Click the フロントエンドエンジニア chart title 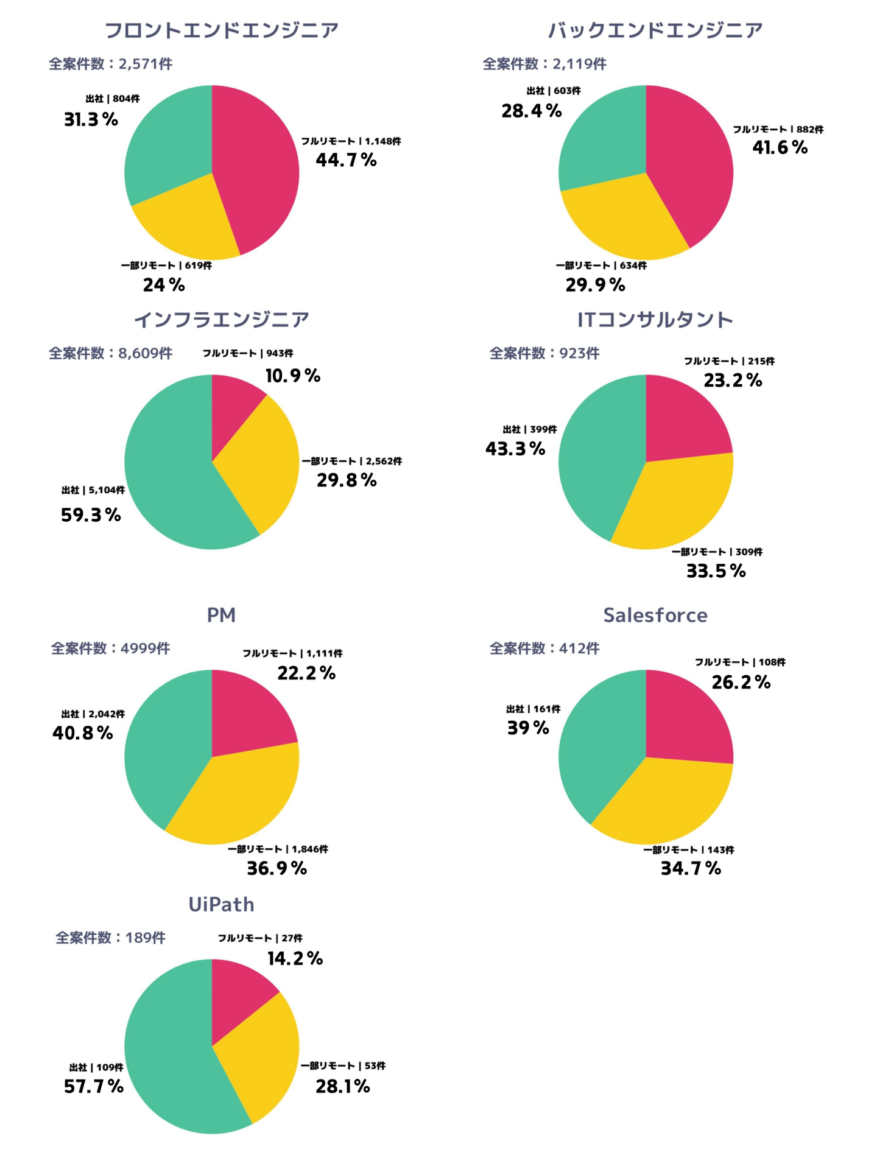pos(221,30)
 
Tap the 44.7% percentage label pos(346,160)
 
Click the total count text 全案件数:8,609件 pos(110,353)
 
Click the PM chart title pos(221,615)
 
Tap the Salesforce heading pos(655,615)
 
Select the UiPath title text pos(221,904)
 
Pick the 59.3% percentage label pos(91,515)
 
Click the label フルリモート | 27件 pos(260,938)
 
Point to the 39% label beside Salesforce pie pos(528,728)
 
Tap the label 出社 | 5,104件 pos(93,490)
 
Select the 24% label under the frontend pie pos(164,284)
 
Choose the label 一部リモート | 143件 pos(689,850)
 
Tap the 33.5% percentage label pos(716,571)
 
